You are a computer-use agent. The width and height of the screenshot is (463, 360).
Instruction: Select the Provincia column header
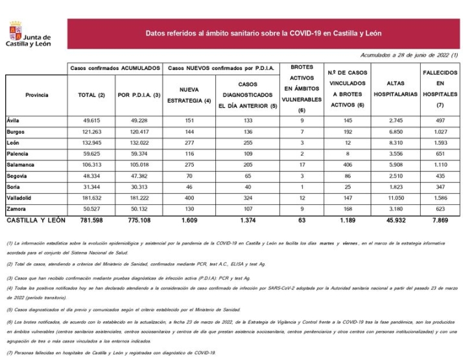pos(36,95)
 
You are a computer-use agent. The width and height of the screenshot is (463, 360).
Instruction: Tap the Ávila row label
pos(14,121)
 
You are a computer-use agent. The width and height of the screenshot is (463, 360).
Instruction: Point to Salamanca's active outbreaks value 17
pos(302,165)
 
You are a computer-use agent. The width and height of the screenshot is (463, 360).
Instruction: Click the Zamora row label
pos(17,209)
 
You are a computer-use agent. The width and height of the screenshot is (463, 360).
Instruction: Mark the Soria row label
pos(14,187)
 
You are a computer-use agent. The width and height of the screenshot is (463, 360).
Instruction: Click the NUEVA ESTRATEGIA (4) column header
pos(189,95)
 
